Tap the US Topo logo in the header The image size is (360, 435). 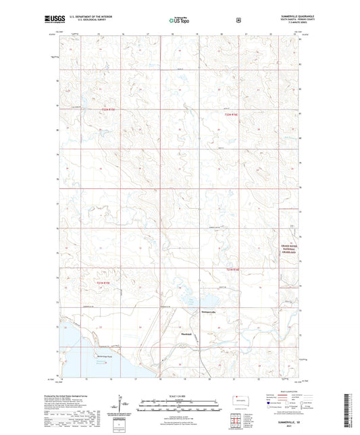pos(178,21)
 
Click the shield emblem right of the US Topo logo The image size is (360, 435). pos(238,20)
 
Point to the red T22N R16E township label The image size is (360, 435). pos(232,116)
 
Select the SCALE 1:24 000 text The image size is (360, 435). pos(179,395)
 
